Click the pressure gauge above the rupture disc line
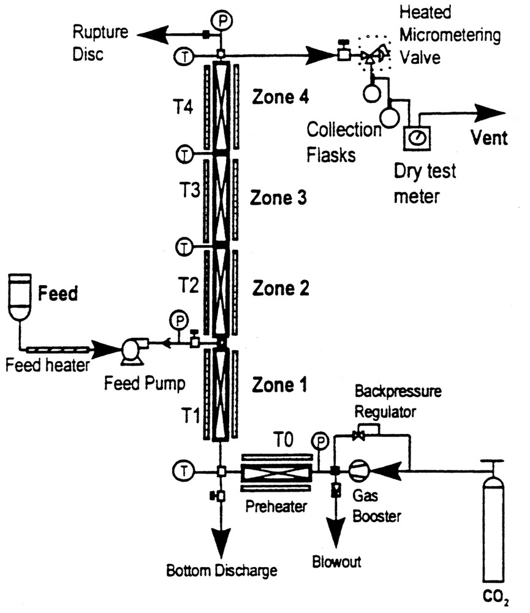coord(222,20)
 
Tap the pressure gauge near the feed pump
coord(179,321)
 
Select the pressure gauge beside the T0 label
coord(320,441)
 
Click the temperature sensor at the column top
coord(184,56)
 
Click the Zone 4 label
coord(280,97)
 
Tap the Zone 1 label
coord(279,385)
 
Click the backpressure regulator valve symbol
coord(358,435)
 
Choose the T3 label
coord(189,191)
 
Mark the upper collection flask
coord(372,93)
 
